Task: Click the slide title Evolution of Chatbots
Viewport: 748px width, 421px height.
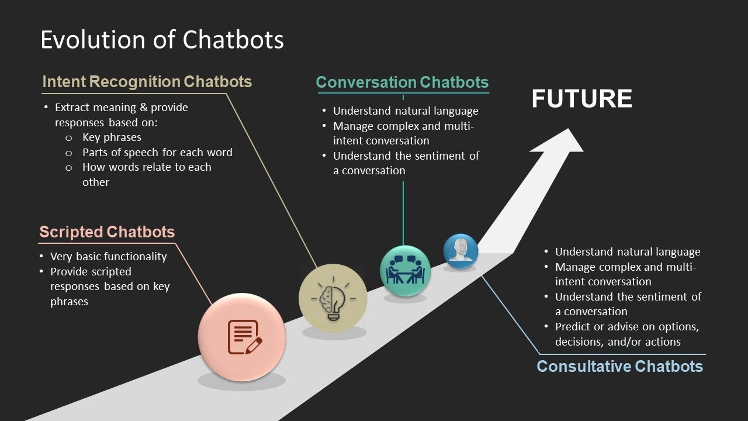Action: [x=162, y=40]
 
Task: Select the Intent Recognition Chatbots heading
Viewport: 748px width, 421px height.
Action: [x=147, y=82]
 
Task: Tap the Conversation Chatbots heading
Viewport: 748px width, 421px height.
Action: [x=402, y=82]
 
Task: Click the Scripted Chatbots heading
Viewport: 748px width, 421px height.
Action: [x=107, y=232]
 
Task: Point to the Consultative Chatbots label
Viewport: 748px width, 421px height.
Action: [x=619, y=367]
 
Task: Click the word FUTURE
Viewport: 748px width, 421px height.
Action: [x=581, y=99]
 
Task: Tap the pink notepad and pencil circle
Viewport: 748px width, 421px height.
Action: [x=242, y=337]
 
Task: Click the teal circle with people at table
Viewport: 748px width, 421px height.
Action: [x=405, y=271]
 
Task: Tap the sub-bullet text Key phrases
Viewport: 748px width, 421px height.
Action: [x=112, y=137]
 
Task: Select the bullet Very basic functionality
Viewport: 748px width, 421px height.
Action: [x=108, y=257]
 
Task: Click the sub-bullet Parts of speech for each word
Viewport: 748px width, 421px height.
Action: [x=157, y=153]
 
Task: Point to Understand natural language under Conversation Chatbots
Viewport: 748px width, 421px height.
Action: [x=406, y=111]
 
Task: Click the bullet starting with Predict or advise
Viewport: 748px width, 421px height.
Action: [x=626, y=327]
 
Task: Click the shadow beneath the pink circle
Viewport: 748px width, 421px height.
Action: [x=241, y=381]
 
